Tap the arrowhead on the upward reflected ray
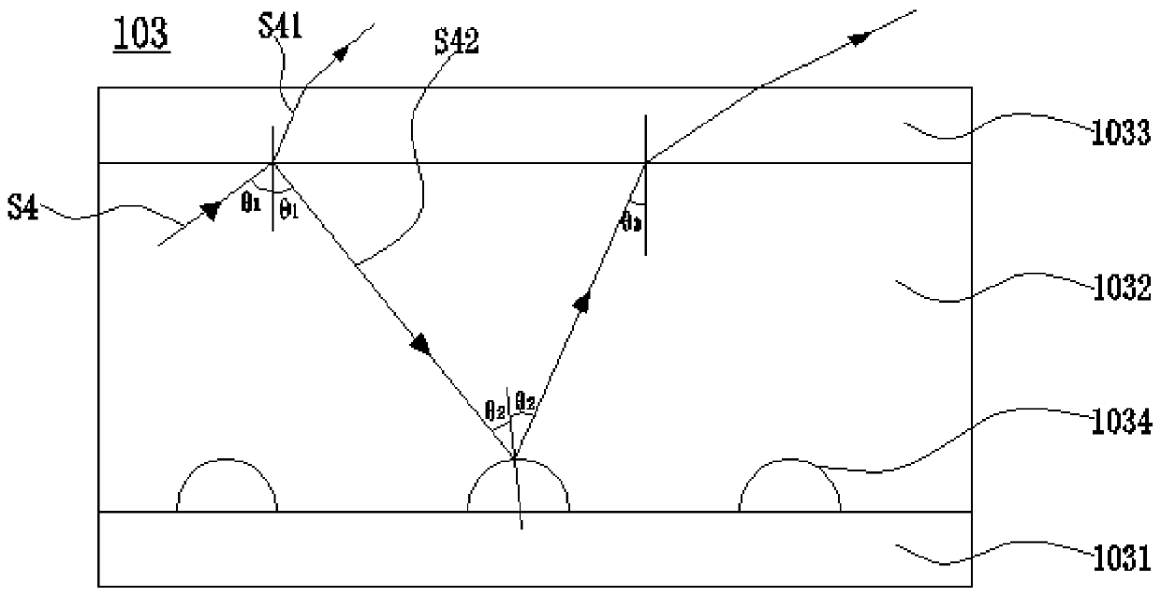(583, 302)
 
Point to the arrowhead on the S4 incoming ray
(208, 205)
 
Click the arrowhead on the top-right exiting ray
(859, 37)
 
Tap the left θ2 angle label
(495, 410)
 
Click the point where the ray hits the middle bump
(513, 457)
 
